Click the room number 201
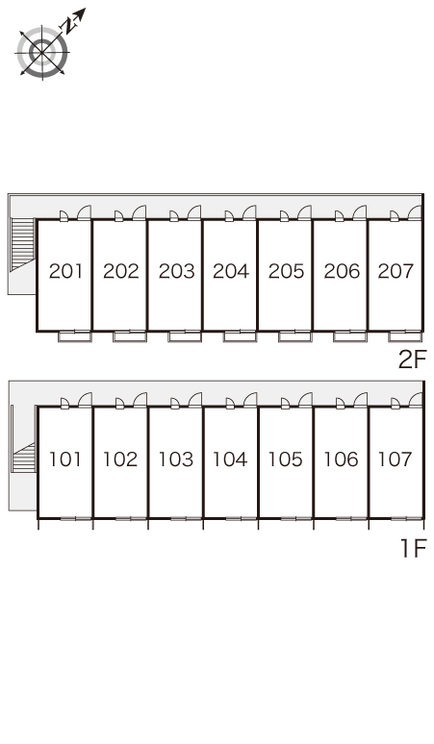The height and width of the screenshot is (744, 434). (66, 271)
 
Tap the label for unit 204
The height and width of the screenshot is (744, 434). (231, 271)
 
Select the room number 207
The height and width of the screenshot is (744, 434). (396, 271)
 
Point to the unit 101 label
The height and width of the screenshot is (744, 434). (65, 459)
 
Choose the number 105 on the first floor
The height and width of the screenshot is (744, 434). (286, 459)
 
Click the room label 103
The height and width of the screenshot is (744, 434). (176, 459)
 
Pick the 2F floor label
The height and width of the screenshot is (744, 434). (413, 360)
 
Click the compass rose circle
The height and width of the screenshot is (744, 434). (42, 52)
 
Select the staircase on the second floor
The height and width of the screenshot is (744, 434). (23, 244)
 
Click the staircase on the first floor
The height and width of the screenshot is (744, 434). (24, 458)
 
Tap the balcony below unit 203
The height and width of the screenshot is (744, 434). (185, 336)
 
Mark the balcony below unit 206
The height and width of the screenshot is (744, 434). (350, 336)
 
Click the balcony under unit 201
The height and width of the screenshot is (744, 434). (74, 336)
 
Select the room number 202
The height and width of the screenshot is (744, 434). (121, 271)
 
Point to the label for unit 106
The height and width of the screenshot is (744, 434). (341, 459)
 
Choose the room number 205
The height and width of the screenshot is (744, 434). (286, 271)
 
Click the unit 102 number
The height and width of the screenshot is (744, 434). (120, 459)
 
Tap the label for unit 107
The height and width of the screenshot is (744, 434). (395, 459)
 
